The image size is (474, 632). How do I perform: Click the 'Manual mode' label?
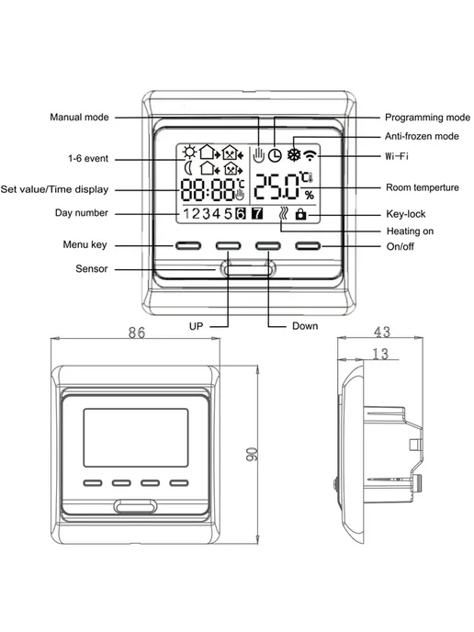tap(79, 118)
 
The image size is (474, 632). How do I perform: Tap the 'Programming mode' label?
tap(428, 118)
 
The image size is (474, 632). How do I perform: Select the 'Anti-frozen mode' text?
tap(422, 136)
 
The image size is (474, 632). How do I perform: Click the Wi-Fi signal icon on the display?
tap(310, 154)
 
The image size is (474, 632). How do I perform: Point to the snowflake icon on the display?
tap(294, 154)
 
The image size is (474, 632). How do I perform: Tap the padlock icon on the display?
tap(300, 214)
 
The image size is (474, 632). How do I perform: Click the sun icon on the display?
tap(189, 152)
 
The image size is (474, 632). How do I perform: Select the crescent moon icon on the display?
tap(188, 168)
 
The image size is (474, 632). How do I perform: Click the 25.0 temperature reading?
tap(276, 186)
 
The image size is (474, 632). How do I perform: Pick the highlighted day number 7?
tap(257, 213)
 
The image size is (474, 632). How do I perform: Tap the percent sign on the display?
tap(310, 196)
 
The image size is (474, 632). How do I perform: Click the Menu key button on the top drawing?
tap(188, 245)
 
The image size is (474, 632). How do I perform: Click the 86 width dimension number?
tap(137, 333)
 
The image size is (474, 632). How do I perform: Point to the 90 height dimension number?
tap(251, 454)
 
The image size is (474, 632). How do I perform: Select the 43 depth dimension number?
tap(382, 332)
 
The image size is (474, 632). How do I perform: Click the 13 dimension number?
tap(379, 354)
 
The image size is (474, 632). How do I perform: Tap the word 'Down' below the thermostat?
tap(305, 326)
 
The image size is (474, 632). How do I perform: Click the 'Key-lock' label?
tap(405, 214)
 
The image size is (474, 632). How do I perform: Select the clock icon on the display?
tap(275, 155)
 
